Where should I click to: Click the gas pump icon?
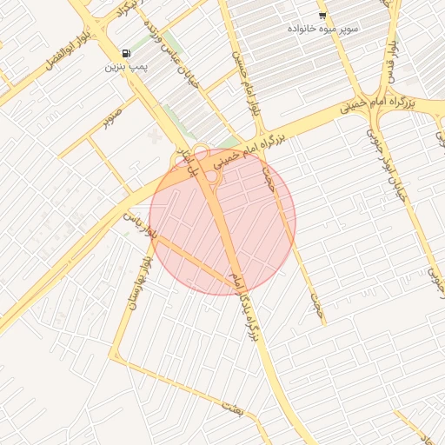pyautogui.click(x=127, y=54)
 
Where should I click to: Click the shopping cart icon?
pyautogui.click(x=322, y=16)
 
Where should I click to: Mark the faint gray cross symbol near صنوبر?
pyautogui.click(x=156, y=137)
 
